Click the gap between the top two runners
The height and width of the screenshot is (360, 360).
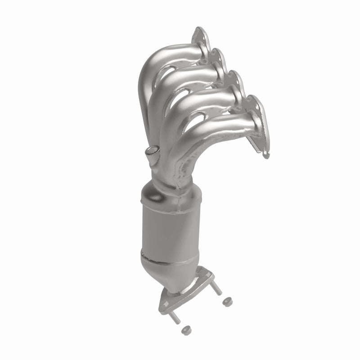pyautogui.click(x=180, y=66)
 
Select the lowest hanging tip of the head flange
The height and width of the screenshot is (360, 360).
pyautogui.click(x=265, y=155)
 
